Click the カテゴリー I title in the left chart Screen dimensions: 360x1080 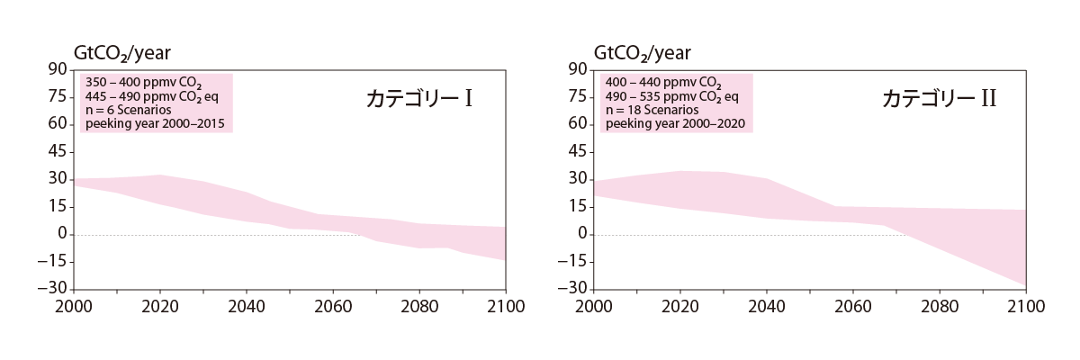point(419,99)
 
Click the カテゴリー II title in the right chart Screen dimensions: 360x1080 point(939,99)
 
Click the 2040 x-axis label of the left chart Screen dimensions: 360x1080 point(246,305)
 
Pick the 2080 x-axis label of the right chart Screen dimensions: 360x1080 point(939,305)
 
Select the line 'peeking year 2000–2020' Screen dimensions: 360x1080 point(674,123)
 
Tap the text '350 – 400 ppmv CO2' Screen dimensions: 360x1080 point(138,81)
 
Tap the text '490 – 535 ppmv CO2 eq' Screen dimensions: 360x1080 point(671,95)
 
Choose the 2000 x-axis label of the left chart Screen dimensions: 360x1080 point(73,305)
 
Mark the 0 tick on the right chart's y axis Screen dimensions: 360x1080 point(581,234)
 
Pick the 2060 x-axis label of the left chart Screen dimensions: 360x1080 point(332,305)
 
